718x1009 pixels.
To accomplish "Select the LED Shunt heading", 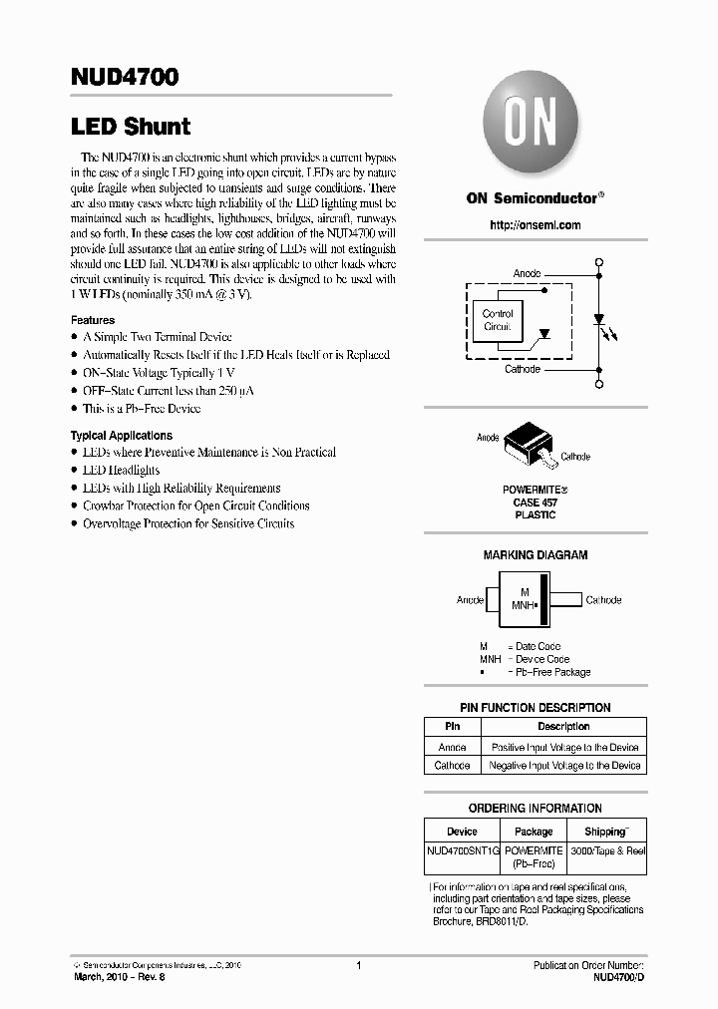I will click(x=130, y=127).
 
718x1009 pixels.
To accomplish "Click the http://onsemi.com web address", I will click(x=536, y=225).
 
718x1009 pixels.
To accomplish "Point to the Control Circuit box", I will click(x=498, y=320).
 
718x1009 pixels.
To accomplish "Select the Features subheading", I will click(x=93, y=320).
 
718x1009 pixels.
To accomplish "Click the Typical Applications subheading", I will click(x=121, y=436).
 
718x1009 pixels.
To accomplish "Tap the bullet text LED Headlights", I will click(x=121, y=470).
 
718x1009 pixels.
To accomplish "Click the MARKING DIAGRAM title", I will click(x=536, y=555).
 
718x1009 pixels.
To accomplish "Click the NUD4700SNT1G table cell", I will click(x=462, y=850).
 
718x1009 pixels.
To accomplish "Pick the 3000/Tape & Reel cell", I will click(x=607, y=850).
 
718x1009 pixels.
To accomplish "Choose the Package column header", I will click(x=534, y=832).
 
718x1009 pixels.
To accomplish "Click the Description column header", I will click(x=563, y=727).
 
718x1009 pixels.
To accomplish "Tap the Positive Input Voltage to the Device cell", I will click(x=564, y=747).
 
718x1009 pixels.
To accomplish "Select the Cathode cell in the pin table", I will click(x=452, y=766).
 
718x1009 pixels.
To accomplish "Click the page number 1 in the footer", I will click(x=358, y=965).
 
